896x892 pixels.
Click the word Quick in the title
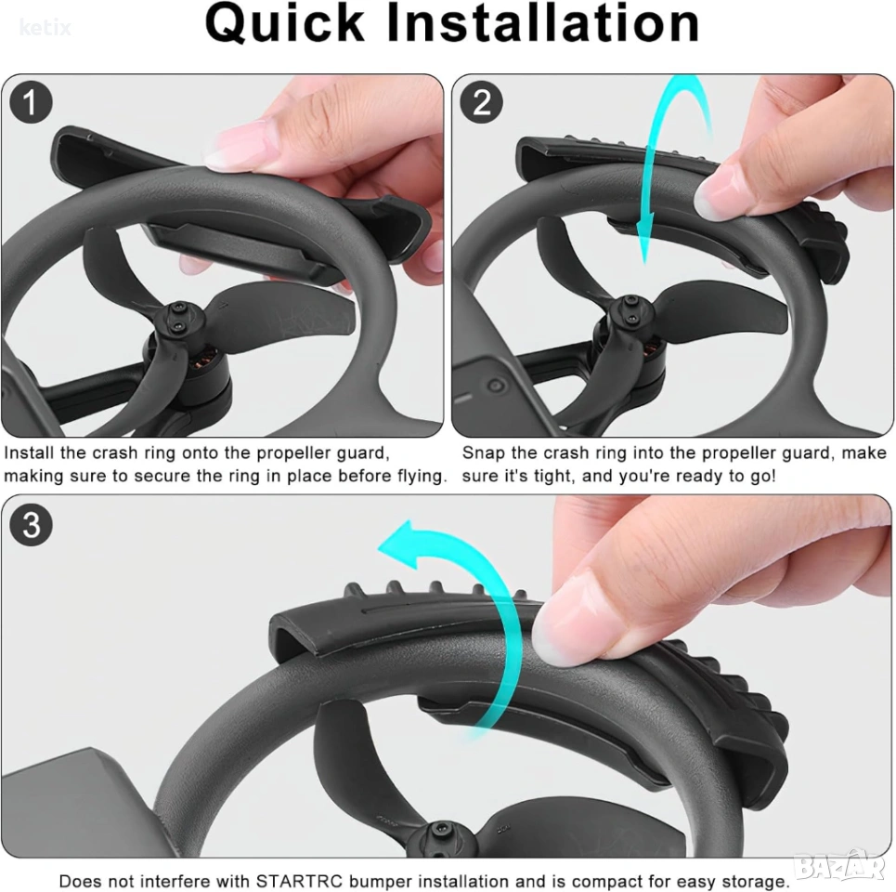(x=284, y=23)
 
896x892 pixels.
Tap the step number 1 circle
(x=31, y=102)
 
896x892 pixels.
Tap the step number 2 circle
(x=481, y=102)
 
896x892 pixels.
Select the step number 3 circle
(x=31, y=525)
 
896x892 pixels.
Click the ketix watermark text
(x=45, y=28)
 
